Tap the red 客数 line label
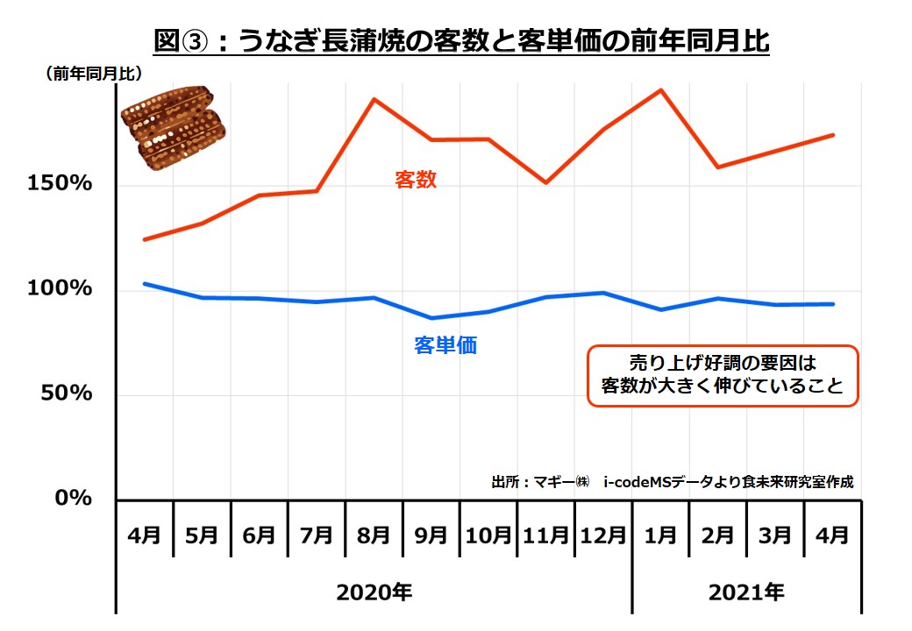point(416,181)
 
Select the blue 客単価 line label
point(445,345)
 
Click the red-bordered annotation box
point(721,374)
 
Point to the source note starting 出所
point(673,482)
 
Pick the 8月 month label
point(374,535)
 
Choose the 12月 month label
point(603,535)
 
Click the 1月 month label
point(659,535)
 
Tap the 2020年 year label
point(374,592)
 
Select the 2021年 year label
point(745,592)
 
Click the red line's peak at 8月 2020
point(374,99)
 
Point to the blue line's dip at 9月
point(431,317)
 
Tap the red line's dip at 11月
point(545,182)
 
